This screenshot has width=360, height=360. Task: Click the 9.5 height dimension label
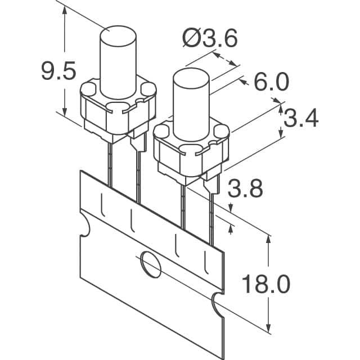pos(58,70)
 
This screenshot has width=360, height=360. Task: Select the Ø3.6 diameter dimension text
pos(210,38)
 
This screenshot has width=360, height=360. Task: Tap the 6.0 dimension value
pos(271,82)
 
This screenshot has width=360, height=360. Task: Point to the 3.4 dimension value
pos(301,118)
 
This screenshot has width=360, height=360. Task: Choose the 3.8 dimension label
pos(245,188)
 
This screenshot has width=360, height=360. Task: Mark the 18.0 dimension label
pos(266,284)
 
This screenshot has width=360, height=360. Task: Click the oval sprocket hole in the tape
pos(151,264)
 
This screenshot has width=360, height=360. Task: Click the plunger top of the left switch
pos(118,34)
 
